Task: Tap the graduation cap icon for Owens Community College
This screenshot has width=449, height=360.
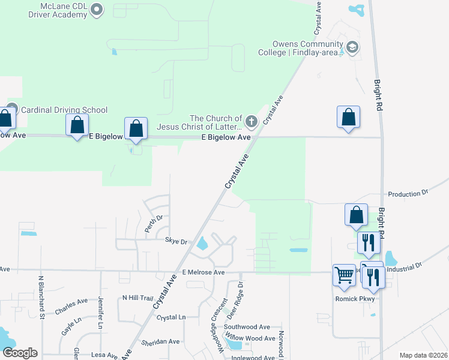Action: pos(352,47)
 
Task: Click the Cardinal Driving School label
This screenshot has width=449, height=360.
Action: pos(64,110)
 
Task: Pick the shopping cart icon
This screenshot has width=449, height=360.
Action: pos(345,275)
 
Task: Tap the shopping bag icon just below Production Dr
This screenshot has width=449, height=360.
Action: pos(356,214)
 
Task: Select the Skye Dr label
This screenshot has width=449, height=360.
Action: pos(176,241)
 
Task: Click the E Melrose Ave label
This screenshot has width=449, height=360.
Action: pos(203,272)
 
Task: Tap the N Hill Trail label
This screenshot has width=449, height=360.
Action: pos(138,298)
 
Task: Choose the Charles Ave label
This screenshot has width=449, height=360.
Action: pos(71,307)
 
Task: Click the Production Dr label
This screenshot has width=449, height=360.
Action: pos(408,194)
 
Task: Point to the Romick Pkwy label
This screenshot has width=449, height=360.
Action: pos(354,299)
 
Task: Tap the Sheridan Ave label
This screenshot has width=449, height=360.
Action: pos(160,341)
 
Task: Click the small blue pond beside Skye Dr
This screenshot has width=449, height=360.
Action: pos(202,244)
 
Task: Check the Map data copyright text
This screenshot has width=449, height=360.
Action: pos(423,355)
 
